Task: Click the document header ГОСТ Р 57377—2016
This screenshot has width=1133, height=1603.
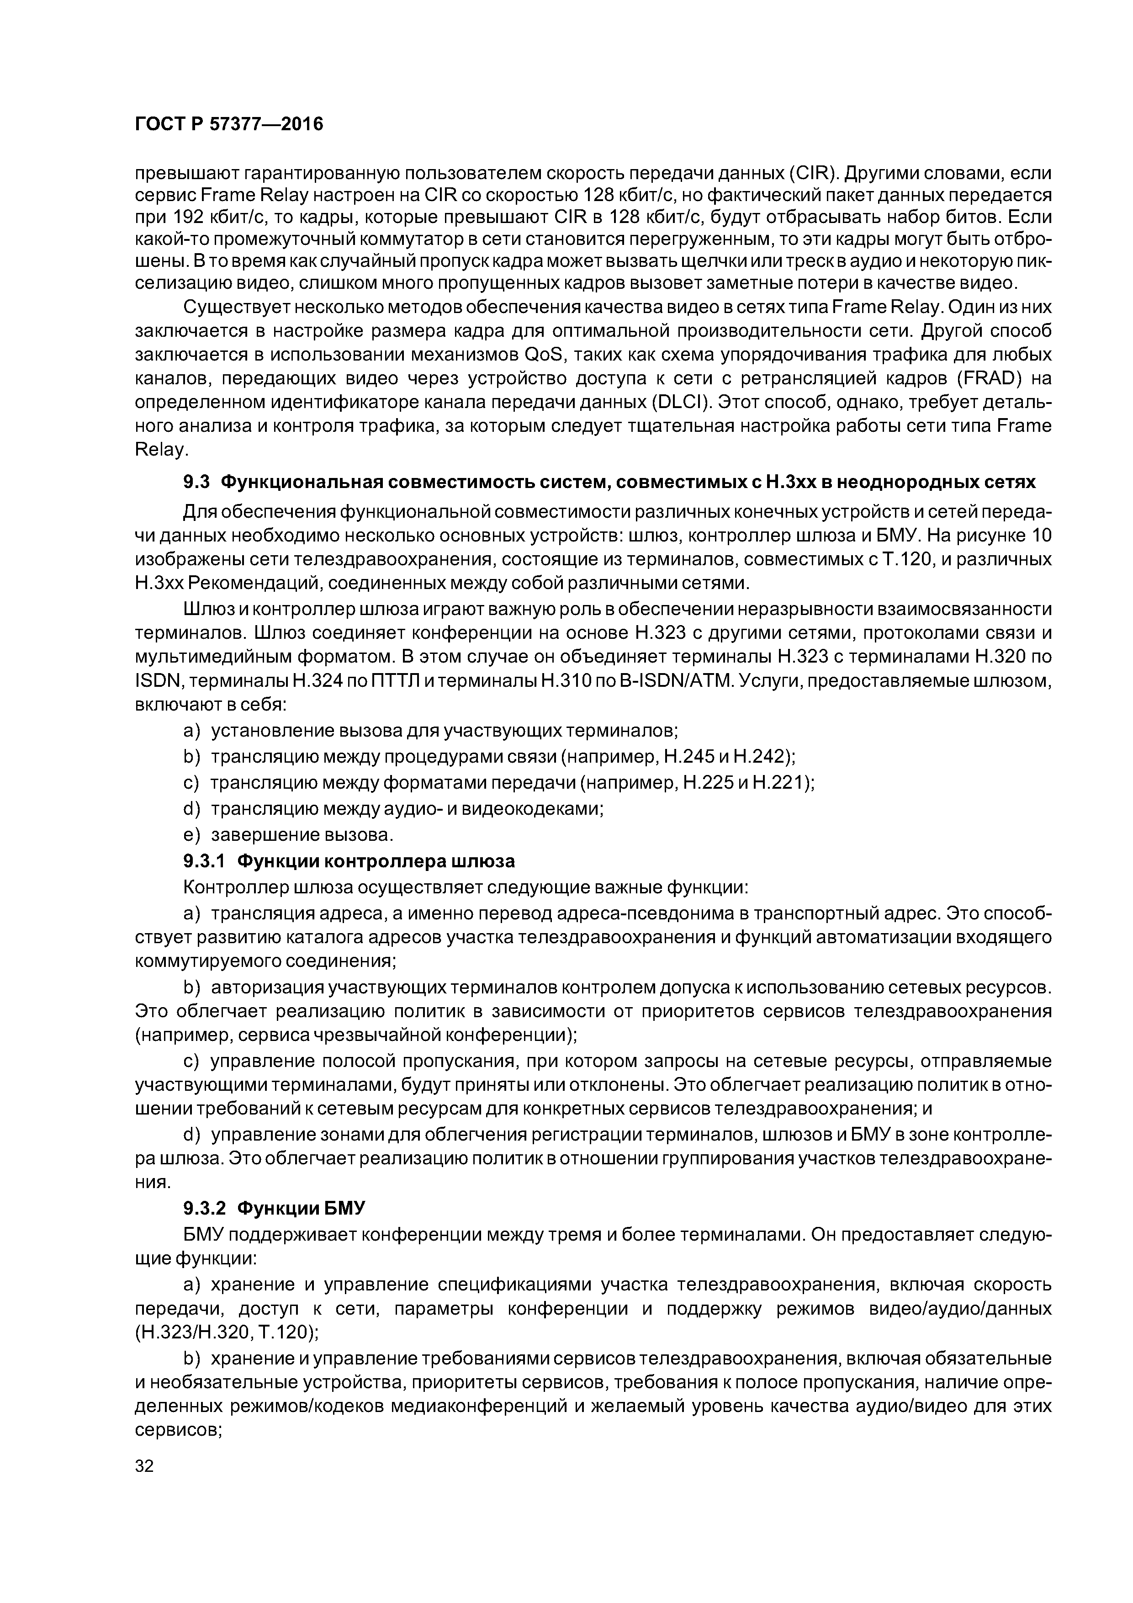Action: coord(229,124)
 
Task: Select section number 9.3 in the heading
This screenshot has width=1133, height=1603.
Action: coord(196,483)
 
